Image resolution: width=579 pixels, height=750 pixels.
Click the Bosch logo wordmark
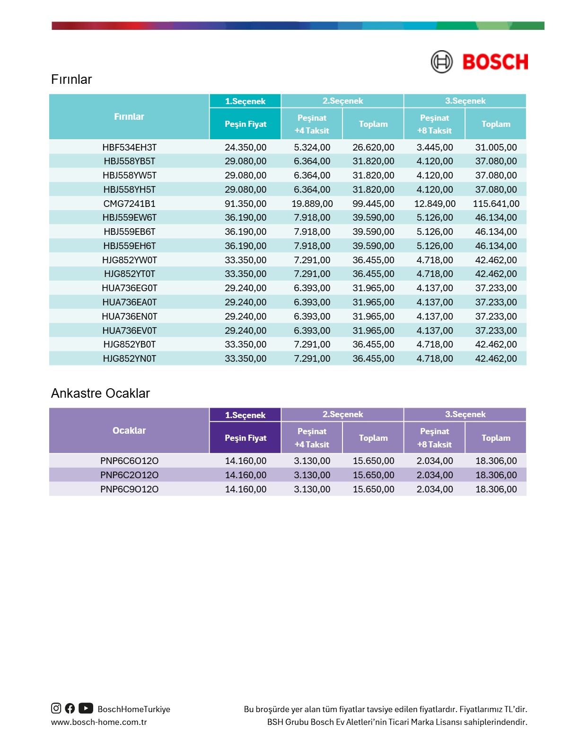click(x=495, y=62)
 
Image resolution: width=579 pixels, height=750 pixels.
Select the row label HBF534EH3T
click(x=129, y=147)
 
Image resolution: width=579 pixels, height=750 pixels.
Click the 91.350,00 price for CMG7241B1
click(x=246, y=204)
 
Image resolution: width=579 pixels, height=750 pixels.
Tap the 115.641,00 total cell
click(x=496, y=204)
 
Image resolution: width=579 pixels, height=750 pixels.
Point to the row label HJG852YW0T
click(x=129, y=260)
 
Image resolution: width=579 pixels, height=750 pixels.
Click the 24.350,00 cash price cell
click(x=246, y=147)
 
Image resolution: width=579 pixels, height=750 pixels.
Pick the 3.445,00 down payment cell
click(x=434, y=147)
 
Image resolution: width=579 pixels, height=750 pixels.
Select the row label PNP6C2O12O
click(x=129, y=475)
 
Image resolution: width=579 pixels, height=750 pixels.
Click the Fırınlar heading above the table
click(x=71, y=79)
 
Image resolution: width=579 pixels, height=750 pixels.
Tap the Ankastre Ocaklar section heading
click(x=100, y=393)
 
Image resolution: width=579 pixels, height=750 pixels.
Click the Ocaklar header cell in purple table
click(x=129, y=430)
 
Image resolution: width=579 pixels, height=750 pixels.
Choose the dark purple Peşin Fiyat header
click(x=246, y=438)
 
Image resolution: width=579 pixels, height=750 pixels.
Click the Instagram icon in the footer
click(x=56, y=708)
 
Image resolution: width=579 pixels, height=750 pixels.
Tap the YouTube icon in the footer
click(x=86, y=708)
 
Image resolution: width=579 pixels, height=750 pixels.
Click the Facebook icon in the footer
click(x=70, y=708)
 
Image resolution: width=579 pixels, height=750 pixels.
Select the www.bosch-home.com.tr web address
click(x=99, y=722)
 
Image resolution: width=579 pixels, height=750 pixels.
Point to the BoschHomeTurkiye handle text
click(x=134, y=709)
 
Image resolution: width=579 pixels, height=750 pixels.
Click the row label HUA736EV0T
click(x=129, y=330)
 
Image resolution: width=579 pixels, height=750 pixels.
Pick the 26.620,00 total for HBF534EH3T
click(x=373, y=147)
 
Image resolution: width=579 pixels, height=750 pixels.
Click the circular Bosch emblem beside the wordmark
click(x=441, y=62)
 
